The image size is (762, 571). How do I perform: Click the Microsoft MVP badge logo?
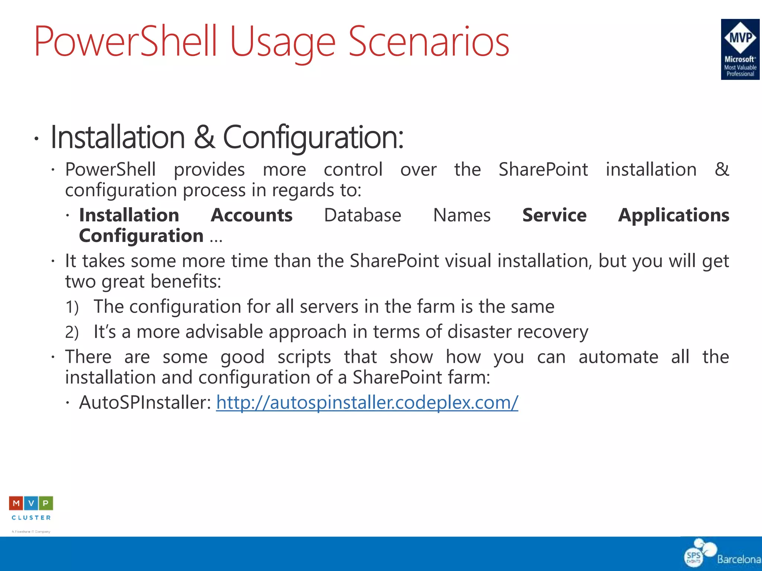[740, 49]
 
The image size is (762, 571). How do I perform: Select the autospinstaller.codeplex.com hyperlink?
[367, 403]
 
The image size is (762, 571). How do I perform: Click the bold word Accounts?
[252, 215]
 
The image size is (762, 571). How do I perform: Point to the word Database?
[362, 215]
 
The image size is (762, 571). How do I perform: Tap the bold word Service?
[554, 215]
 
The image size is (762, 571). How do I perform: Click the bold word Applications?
[673, 215]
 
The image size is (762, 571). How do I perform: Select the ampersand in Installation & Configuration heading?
[204, 137]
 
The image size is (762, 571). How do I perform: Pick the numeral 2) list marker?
[72, 332]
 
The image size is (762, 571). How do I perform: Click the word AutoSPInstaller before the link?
[145, 403]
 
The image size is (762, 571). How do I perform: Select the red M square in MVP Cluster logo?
[16, 503]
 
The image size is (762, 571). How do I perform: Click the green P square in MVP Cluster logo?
[46, 503]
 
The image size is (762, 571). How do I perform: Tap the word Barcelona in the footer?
[739, 559]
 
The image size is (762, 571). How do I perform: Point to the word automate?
[618, 357]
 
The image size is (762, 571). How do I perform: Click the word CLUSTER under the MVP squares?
[31, 517]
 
